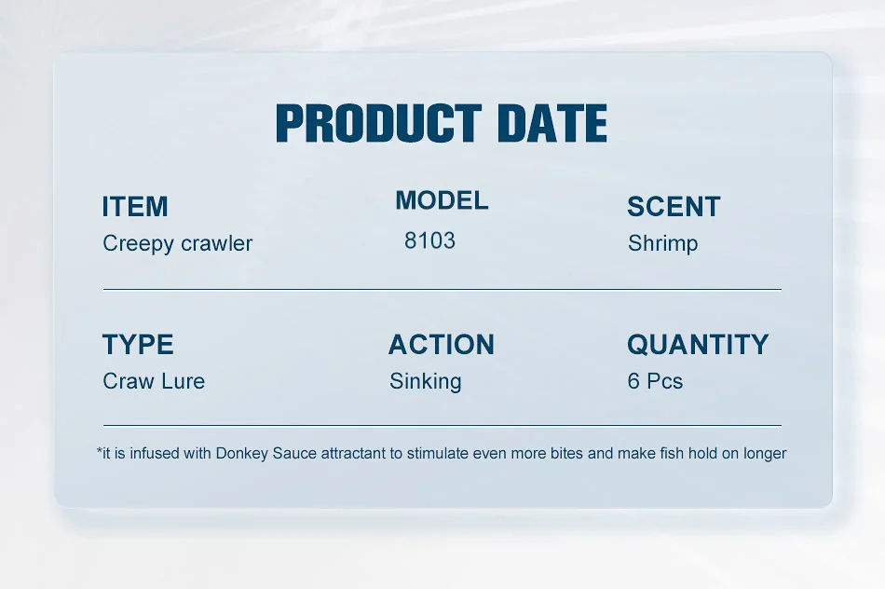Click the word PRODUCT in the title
click(x=379, y=122)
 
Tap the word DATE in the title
click(x=552, y=122)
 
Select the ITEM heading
click(x=135, y=206)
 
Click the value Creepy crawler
click(x=177, y=243)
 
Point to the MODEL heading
click(x=442, y=200)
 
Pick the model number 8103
click(x=429, y=240)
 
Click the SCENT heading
click(x=674, y=206)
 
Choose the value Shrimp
click(x=662, y=243)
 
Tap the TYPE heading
click(x=138, y=345)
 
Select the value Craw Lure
click(x=154, y=381)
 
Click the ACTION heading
click(x=442, y=345)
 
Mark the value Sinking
click(x=426, y=382)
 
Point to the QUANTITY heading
click(x=698, y=345)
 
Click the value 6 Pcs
click(x=655, y=381)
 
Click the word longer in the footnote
click(x=765, y=454)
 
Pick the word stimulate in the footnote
click(x=437, y=454)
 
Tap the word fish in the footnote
click(x=672, y=453)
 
